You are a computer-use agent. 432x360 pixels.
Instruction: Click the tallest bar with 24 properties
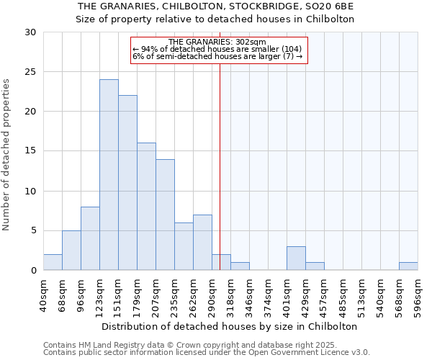click(x=109, y=175)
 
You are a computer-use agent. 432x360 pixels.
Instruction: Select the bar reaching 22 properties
click(x=127, y=183)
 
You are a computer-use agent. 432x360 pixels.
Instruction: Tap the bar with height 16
click(x=146, y=207)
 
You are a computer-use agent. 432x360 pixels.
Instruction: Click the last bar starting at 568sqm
click(x=408, y=266)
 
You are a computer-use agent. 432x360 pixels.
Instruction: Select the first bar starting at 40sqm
click(x=53, y=263)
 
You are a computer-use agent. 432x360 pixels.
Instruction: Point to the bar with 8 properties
click(x=90, y=238)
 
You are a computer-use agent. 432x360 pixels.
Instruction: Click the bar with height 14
click(x=165, y=215)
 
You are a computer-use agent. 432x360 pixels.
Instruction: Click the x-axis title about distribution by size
click(x=230, y=326)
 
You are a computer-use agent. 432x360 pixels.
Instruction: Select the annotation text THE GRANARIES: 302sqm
click(x=220, y=42)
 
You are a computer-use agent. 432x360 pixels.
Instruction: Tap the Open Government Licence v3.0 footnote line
click(x=207, y=353)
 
